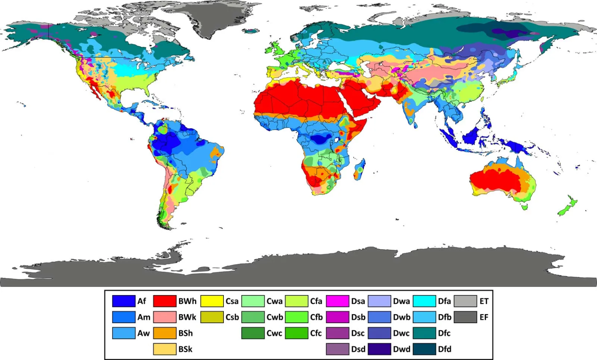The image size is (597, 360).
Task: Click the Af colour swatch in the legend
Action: tap(124, 301)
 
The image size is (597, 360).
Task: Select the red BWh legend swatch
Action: tap(164, 301)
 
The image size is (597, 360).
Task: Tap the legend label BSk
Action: tap(185, 349)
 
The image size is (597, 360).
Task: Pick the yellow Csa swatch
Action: tap(212, 301)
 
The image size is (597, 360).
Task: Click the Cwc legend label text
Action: tap(274, 333)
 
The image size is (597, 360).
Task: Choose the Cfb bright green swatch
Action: tap(297, 317)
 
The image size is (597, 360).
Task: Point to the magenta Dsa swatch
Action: tap(337, 301)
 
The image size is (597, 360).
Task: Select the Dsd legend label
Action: tap(358, 349)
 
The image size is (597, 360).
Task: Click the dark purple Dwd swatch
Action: tap(379, 349)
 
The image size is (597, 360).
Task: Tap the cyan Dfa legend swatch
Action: tap(424, 301)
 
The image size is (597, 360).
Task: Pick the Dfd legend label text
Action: tap(445, 349)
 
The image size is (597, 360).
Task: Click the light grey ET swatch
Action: tap(465, 301)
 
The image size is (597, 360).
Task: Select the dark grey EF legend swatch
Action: tap(465, 317)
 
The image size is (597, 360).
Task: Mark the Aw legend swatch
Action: tap(124, 333)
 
